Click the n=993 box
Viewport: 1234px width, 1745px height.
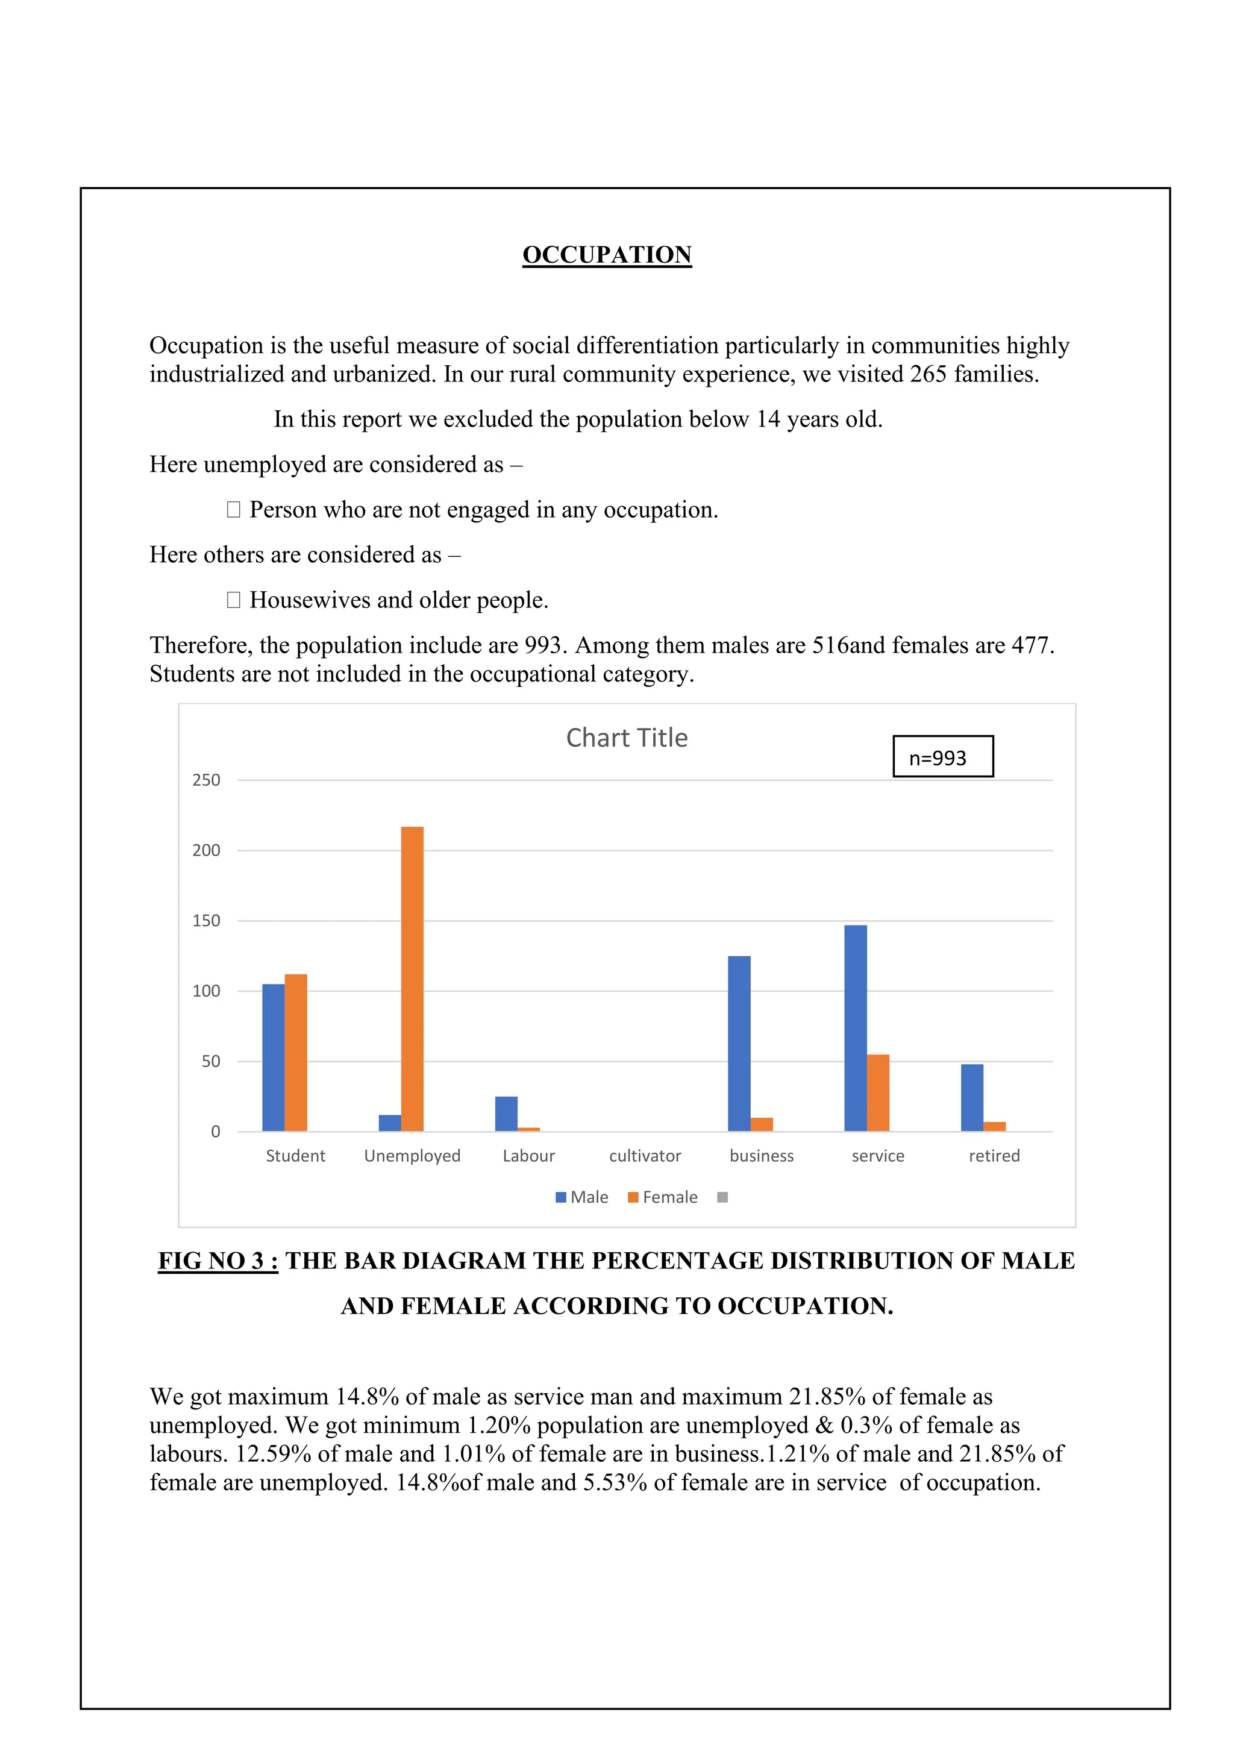tap(942, 756)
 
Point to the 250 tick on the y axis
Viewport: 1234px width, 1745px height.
tap(206, 780)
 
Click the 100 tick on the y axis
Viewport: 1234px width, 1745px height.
tap(206, 991)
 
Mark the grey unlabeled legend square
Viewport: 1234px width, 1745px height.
tap(722, 1197)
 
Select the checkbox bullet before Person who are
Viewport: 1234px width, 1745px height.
tap(233, 509)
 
